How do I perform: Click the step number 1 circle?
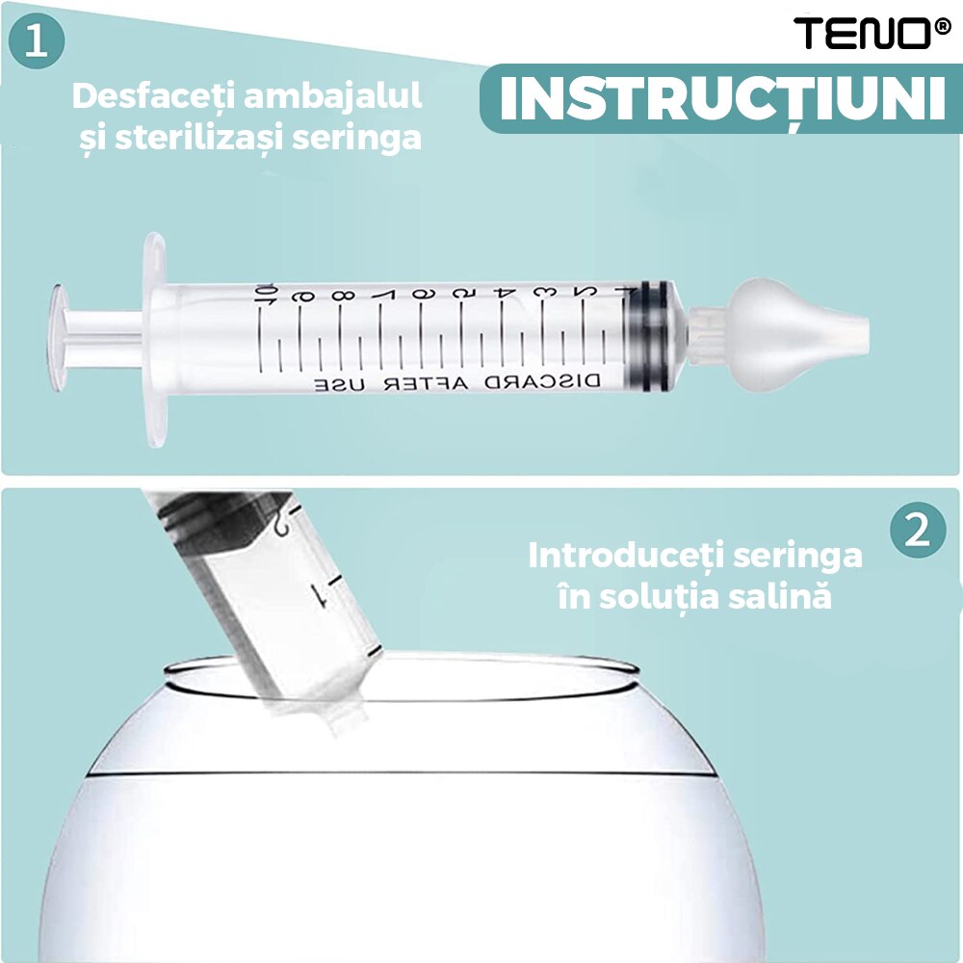click(38, 43)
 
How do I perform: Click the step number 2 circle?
click(917, 531)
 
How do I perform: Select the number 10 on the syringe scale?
click(267, 292)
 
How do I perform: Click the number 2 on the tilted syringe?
click(280, 523)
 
